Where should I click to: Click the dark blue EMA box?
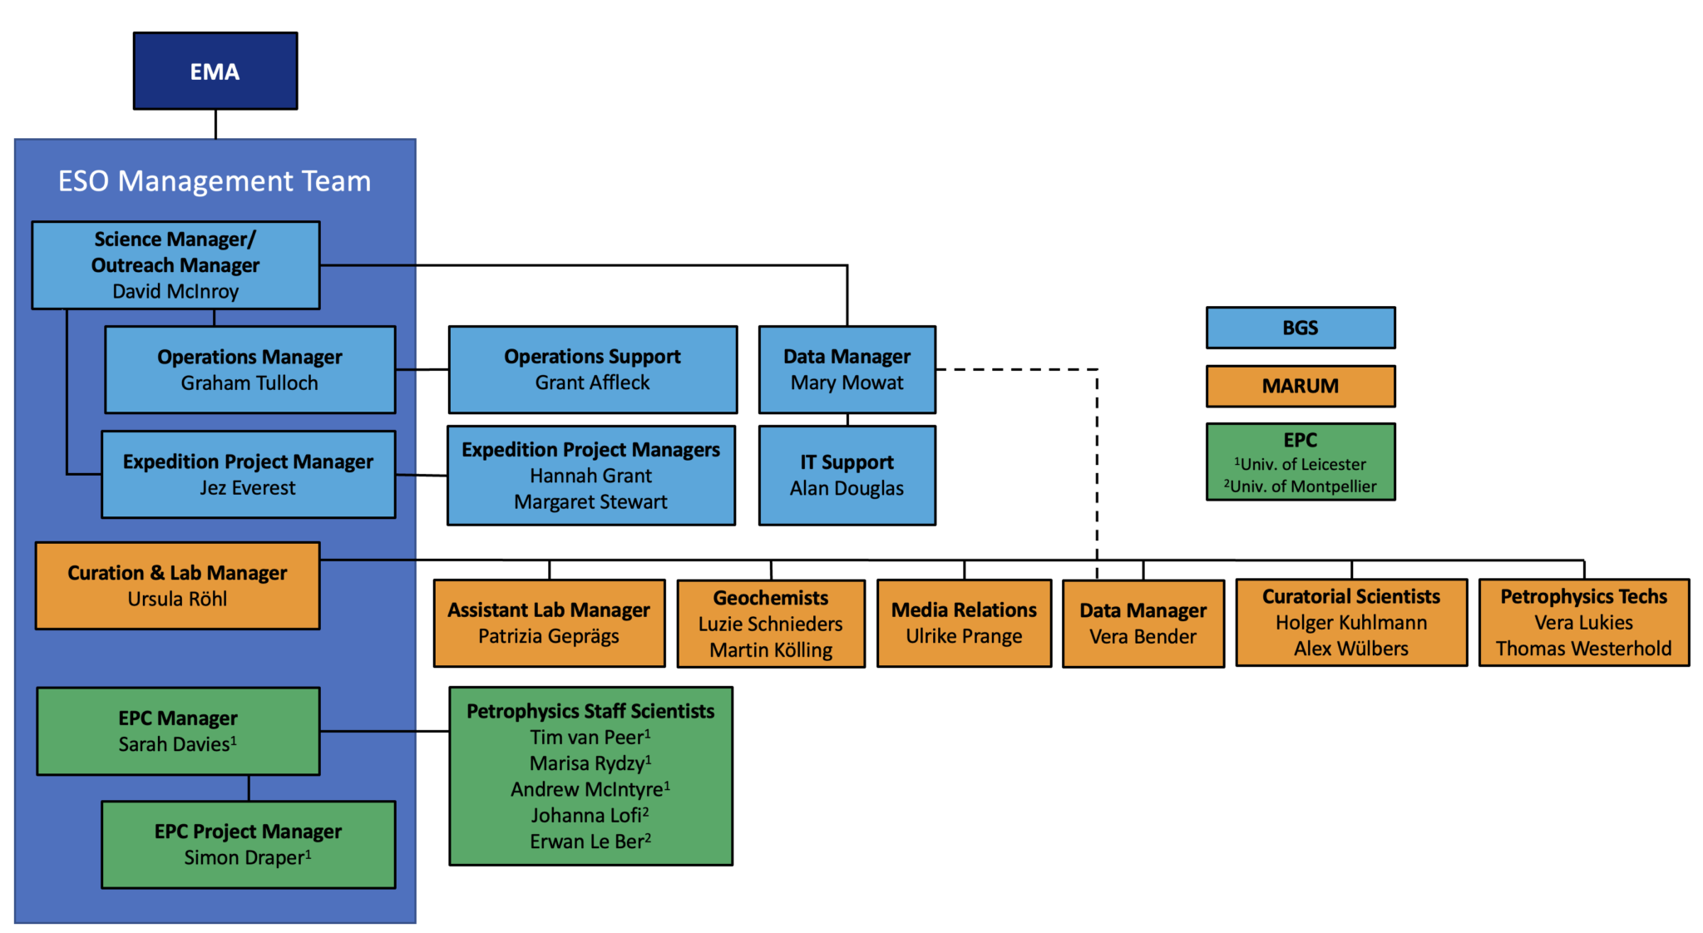(215, 72)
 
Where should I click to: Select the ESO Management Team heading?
(215, 181)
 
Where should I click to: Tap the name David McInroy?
(175, 292)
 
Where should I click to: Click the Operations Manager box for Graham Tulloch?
(249, 370)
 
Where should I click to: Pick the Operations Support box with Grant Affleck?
(592, 370)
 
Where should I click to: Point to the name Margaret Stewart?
(590, 502)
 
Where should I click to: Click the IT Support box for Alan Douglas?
(847, 476)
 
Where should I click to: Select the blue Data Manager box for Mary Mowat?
(847, 370)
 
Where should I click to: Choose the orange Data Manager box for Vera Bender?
(1143, 624)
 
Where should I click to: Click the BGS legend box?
(1300, 328)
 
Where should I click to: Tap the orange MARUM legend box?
(1300, 386)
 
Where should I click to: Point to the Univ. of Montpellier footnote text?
(1301, 486)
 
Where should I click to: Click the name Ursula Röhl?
(177, 600)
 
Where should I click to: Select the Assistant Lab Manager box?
(549, 624)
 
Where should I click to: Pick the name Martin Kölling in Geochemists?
(771, 650)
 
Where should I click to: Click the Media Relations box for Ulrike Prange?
(964, 624)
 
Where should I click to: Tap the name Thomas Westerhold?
(1583, 649)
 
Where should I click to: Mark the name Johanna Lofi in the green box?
(589, 816)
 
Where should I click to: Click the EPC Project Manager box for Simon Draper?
(248, 845)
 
